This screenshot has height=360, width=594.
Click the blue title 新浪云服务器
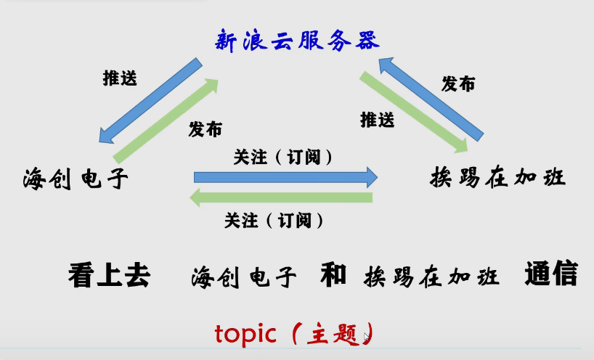tap(297, 41)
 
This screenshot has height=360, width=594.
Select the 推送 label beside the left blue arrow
tap(120, 78)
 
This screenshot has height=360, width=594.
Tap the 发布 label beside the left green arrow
tap(205, 129)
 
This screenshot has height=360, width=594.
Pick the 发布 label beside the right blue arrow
tap(458, 83)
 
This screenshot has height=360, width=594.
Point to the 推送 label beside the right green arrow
tap(378, 120)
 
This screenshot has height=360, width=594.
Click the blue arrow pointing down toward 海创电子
tap(150, 101)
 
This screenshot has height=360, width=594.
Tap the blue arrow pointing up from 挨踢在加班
tap(431, 99)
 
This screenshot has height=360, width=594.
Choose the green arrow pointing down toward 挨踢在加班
tap(414, 112)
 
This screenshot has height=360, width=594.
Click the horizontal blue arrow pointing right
tap(285, 177)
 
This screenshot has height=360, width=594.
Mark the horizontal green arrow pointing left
tap(281, 197)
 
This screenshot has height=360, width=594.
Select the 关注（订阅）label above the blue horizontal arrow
tap(282, 157)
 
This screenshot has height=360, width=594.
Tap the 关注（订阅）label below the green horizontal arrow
tap(274, 221)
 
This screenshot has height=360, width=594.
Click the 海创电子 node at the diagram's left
tap(76, 179)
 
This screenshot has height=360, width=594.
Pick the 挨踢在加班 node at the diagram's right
tap(497, 177)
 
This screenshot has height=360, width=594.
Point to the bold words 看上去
tap(109, 275)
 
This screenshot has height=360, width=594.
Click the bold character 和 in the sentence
tap(333, 274)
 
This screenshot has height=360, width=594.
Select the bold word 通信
tap(551, 273)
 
